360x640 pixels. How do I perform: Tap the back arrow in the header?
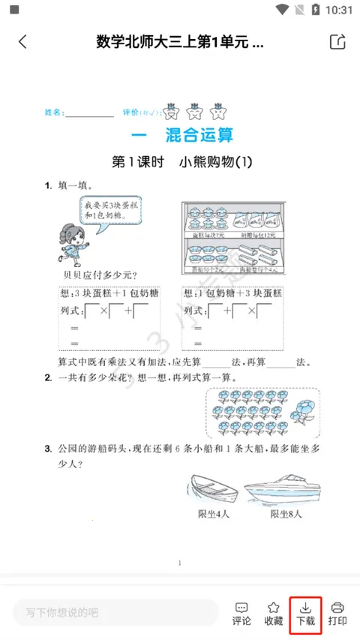coord(22,42)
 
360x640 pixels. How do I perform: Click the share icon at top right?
coord(337,42)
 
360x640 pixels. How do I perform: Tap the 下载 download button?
coord(305,613)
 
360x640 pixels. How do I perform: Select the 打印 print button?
coord(337,613)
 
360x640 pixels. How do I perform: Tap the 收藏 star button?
coord(274,613)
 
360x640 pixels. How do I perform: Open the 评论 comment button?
coord(241,613)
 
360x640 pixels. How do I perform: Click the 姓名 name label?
coord(54,113)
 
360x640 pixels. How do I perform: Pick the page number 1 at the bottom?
coord(180,562)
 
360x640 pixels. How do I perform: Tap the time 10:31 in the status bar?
coord(339,10)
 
